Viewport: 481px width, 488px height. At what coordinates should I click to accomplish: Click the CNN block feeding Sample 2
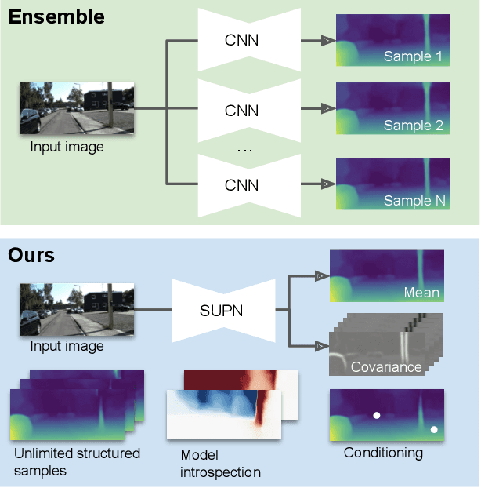(x=241, y=110)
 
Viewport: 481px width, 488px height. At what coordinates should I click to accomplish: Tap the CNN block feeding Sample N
(x=241, y=184)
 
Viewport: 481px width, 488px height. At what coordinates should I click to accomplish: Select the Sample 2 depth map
(x=393, y=109)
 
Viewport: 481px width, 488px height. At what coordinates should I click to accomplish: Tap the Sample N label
(x=414, y=201)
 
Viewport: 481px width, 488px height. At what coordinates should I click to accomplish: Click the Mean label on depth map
(x=421, y=293)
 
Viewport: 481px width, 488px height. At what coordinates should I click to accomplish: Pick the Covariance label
(x=386, y=366)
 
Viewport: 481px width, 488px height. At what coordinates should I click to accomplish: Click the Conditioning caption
(x=383, y=453)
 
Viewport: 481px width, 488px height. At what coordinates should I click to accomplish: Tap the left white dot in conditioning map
(x=376, y=415)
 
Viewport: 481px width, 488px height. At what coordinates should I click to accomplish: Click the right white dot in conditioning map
(x=434, y=429)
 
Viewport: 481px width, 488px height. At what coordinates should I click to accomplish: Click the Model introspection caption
(x=220, y=463)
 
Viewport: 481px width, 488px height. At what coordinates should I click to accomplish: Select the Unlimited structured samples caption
(x=77, y=461)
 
